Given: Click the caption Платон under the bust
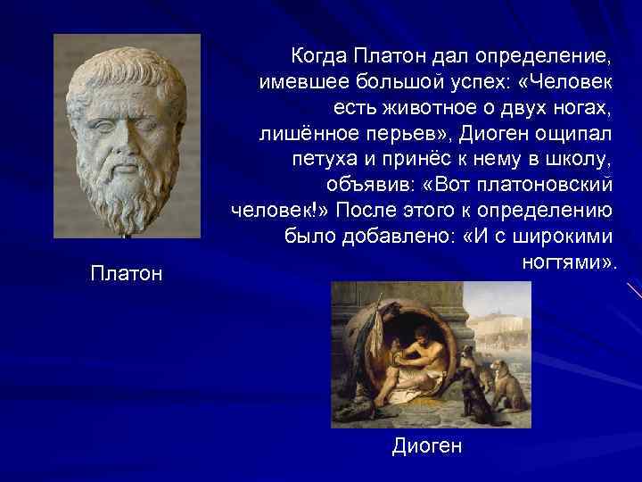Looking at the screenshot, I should point(127,273).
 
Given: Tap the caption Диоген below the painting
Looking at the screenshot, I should point(427,446).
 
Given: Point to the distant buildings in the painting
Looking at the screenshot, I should point(504,321).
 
